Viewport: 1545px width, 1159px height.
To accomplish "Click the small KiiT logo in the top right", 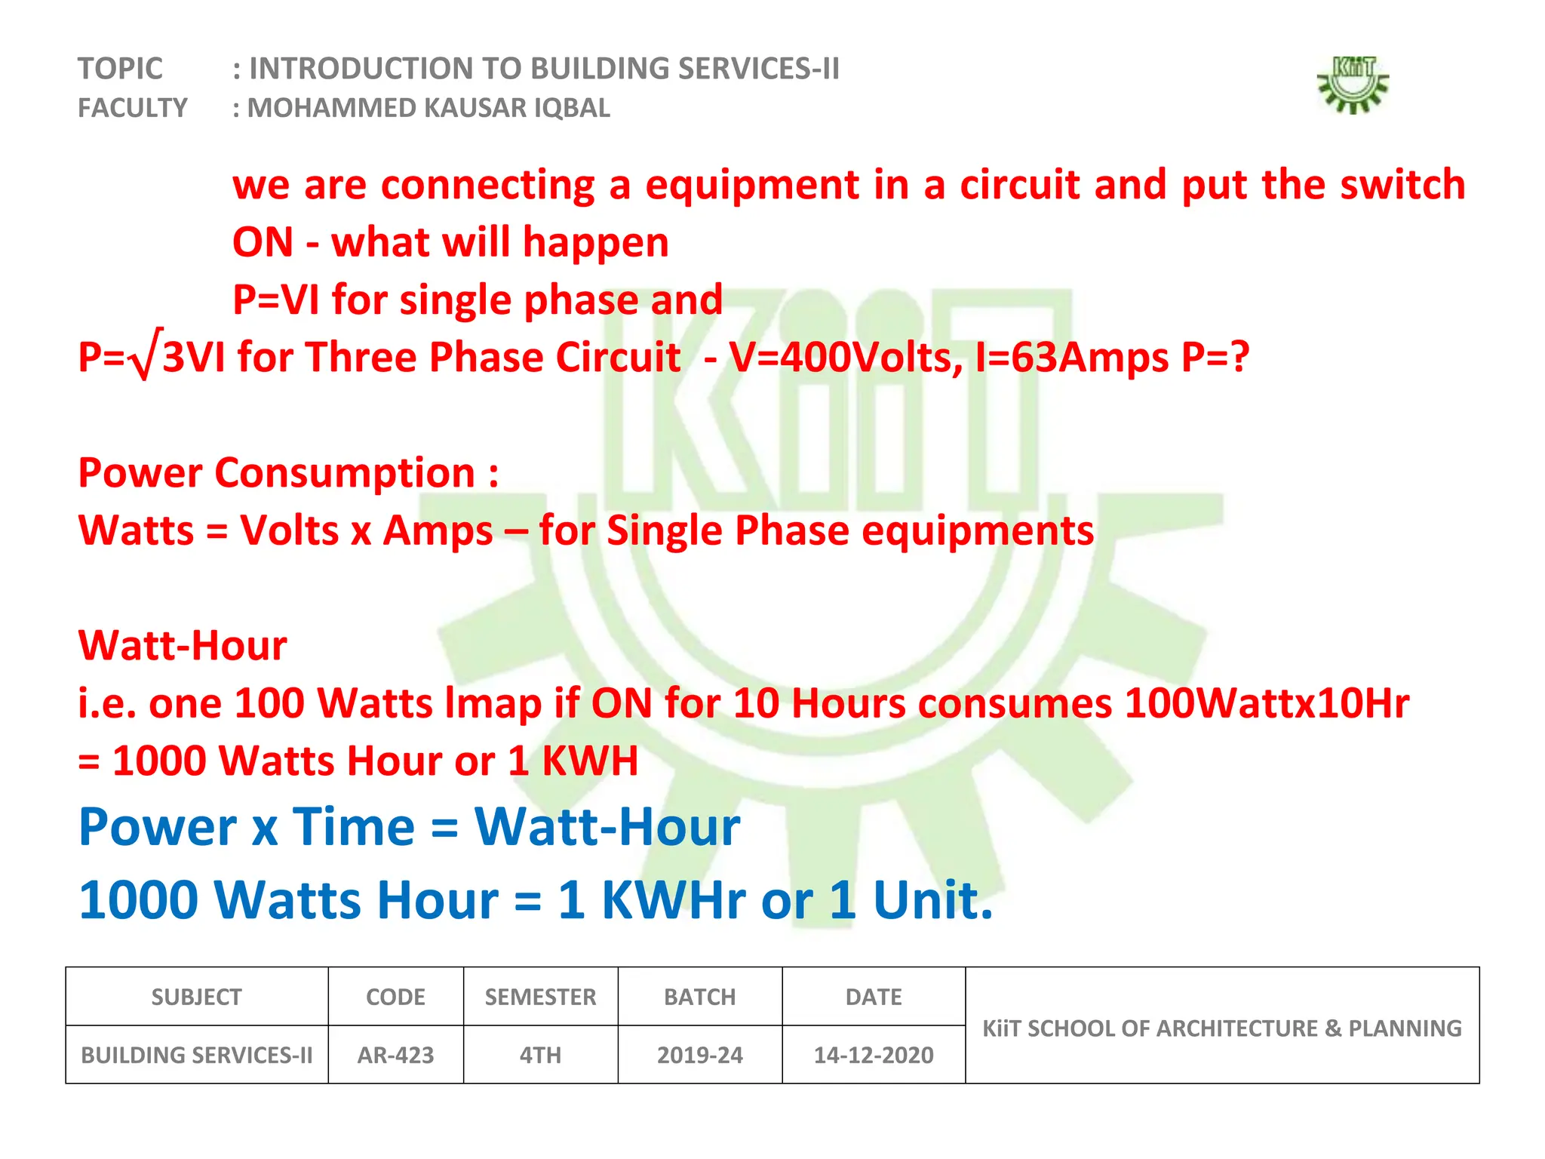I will [x=1353, y=85].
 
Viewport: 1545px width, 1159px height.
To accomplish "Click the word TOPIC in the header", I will [x=120, y=69].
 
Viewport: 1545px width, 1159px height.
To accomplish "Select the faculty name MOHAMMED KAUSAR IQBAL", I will [x=428, y=109].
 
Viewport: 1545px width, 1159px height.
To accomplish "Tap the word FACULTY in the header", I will [x=133, y=109].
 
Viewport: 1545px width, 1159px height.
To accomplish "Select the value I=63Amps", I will [x=1071, y=358].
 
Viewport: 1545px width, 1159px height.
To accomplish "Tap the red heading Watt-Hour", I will [x=183, y=646].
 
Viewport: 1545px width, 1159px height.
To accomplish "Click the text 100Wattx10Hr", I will [x=1266, y=704].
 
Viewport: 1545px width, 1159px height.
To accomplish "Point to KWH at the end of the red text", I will [x=590, y=761].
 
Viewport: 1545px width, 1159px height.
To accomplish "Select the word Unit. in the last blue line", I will [x=932, y=900].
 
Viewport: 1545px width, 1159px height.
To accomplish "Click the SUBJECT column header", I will [x=196, y=998].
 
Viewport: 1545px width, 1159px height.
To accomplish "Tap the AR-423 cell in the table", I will [x=395, y=1055].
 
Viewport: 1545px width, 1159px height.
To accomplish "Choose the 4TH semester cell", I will [x=540, y=1055].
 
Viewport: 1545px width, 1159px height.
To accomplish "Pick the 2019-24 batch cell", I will [x=699, y=1055].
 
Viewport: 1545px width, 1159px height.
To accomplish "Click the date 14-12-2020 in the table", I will [x=874, y=1055].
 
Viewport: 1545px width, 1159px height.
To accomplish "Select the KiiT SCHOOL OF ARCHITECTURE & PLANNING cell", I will [x=1222, y=1028].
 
